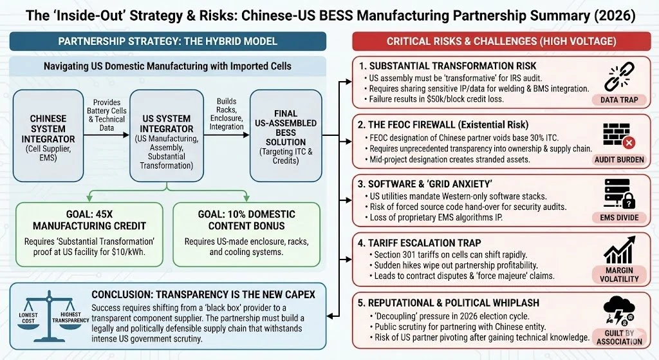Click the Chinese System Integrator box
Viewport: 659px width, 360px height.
coord(48,136)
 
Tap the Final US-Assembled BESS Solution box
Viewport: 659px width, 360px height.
coord(285,136)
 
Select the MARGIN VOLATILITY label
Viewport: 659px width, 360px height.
coord(618,274)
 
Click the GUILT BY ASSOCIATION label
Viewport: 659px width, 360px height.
coord(618,337)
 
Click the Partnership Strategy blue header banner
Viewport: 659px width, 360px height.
coord(167,41)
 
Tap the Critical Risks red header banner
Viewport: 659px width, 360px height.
coord(501,41)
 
